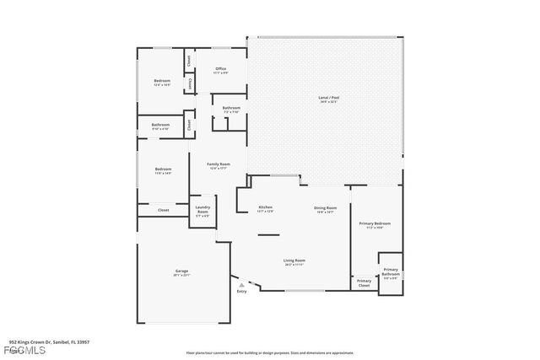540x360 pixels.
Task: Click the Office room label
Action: pyautogui.click(x=220, y=69)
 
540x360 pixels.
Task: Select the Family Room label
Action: pyautogui.click(x=218, y=164)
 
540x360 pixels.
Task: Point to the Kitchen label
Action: pyautogui.click(x=265, y=207)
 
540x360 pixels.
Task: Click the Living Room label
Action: pyautogui.click(x=294, y=261)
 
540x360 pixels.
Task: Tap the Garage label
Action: pyautogui.click(x=181, y=271)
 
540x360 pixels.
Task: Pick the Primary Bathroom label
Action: pyautogui.click(x=391, y=271)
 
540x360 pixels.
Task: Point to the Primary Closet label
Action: pyautogui.click(x=364, y=282)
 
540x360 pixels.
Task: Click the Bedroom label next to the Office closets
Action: pyautogui.click(x=162, y=82)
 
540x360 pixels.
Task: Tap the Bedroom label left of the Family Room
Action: pyautogui.click(x=163, y=170)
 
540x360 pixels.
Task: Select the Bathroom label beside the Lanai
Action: pyautogui.click(x=231, y=109)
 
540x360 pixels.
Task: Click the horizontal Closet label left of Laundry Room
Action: pyautogui.click(x=163, y=209)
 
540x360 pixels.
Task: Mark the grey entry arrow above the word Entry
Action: pyautogui.click(x=241, y=285)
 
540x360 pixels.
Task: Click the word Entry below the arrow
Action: pyautogui.click(x=241, y=292)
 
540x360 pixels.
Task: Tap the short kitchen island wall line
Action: pyautogui.click(x=268, y=235)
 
